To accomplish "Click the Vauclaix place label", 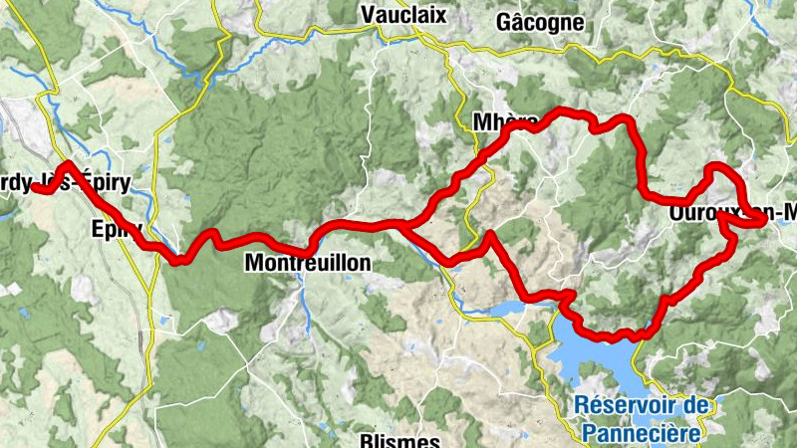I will click(x=404, y=15).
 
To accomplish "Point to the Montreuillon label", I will click(x=307, y=264).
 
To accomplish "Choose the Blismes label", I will click(x=398, y=439).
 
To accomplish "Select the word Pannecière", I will click(x=642, y=431).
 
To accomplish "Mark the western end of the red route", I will click(x=34, y=186).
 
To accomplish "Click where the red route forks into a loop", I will click(x=401, y=225).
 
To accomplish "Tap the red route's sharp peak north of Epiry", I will click(x=67, y=165).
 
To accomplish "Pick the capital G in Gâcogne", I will click(x=503, y=21).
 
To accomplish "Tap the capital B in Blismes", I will click(x=364, y=439).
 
